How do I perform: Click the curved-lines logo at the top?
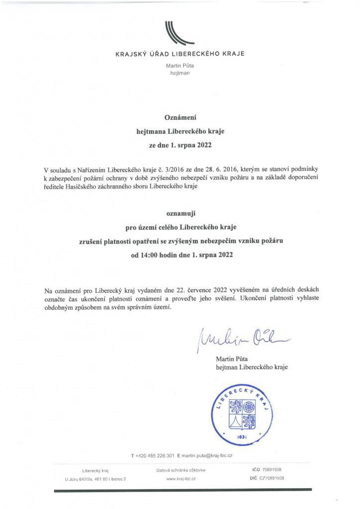click(x=180, y=34)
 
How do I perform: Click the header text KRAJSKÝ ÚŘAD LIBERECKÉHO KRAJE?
click(x=180, y=53)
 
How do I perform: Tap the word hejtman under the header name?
click(x=180, y=73)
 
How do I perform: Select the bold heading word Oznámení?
click(x=181, y=118)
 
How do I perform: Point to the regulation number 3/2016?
click(x=145, y=169)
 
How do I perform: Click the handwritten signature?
click(x=243, y=339)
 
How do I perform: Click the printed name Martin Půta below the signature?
click(x=232, y=358)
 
